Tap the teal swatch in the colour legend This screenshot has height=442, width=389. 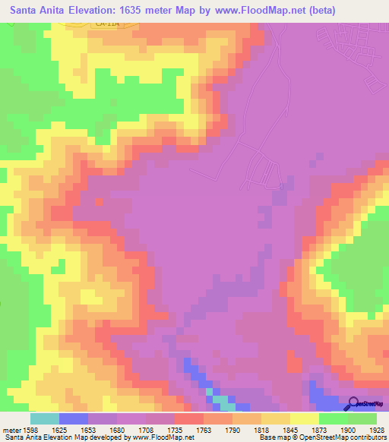[44, 418]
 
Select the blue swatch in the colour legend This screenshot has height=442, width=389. [73, 418]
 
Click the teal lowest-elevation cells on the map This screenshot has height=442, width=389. [219, 399]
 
